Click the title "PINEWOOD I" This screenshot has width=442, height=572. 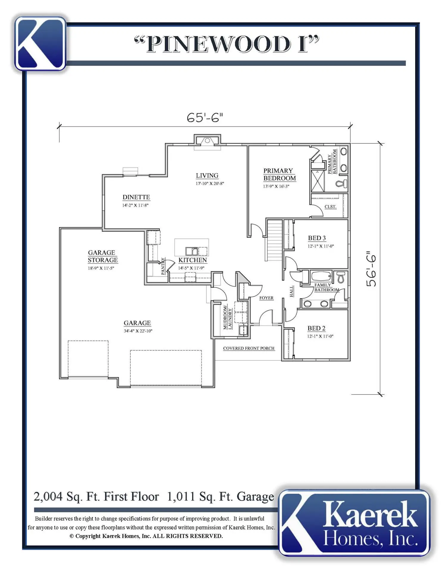pos(227,44)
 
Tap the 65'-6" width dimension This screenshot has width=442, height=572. pos(205,118)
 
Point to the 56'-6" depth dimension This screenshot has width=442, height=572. pos(371,271)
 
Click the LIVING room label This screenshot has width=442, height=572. pos(207,175)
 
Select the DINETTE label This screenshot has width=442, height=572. pos(136,197)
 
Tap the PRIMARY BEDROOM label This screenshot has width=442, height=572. pos(279,175)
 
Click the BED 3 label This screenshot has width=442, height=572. pos(317,238)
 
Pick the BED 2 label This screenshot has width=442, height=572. pos(316,328)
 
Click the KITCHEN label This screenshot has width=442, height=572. pos(192,260)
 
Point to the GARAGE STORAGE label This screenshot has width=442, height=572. pos(103,256)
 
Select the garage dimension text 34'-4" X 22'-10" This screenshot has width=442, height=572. pos(138,331)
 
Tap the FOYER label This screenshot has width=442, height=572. pos(266,298)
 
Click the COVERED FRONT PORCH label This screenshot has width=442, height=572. pos(249,348)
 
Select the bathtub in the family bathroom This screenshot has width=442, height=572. pos(321,276)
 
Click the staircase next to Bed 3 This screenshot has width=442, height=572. pos(274,240)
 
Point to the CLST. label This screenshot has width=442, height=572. pos(330,207)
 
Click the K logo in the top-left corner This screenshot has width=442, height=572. pos(40,43)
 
